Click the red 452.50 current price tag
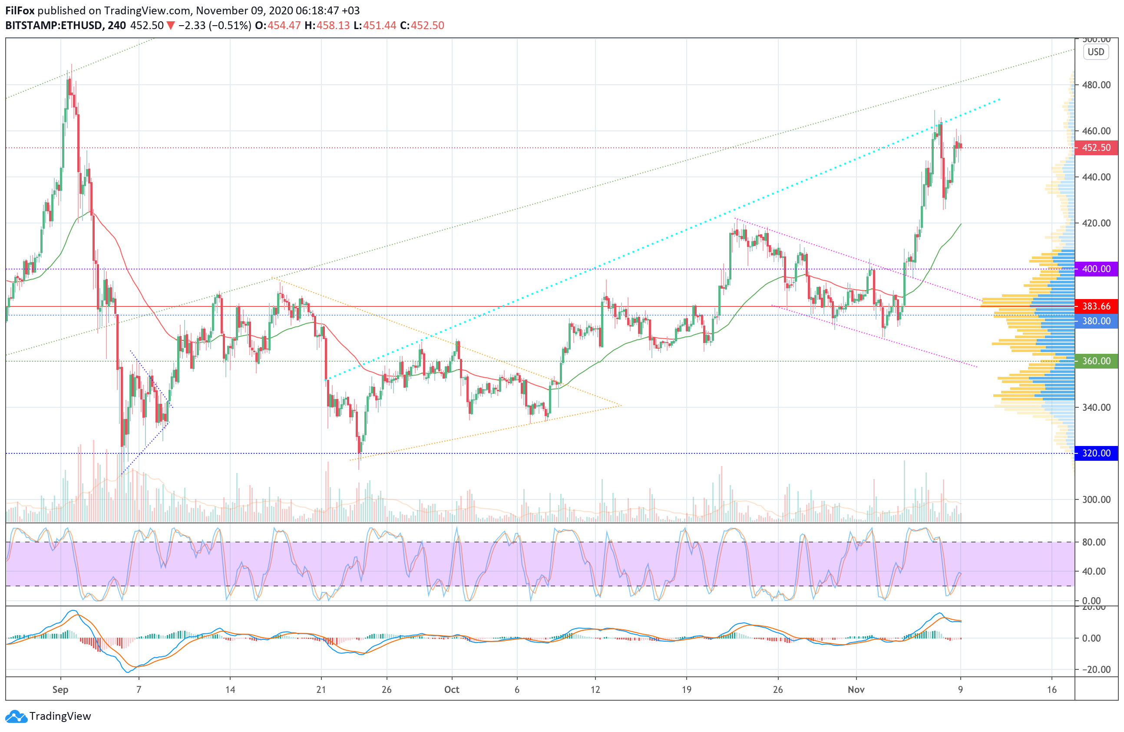(1096, 147)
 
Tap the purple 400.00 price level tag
(1096, 269)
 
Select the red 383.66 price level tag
(1096, 306)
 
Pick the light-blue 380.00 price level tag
(1096, 321)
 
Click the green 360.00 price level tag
(1096, 361)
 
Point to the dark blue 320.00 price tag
(1096, 453)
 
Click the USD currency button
(1096, 52)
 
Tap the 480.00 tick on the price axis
(1096, 85)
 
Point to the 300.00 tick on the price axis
(1096, 499)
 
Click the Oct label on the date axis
(452, 689)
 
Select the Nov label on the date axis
(856, 689)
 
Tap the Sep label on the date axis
(60, 689)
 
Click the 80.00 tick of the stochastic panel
(1094, 542)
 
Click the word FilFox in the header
(20, 10)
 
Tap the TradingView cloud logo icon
(16, 716)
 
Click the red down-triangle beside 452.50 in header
(171, 26)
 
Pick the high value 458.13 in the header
(333, 26)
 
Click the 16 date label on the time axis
(1052, 689)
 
